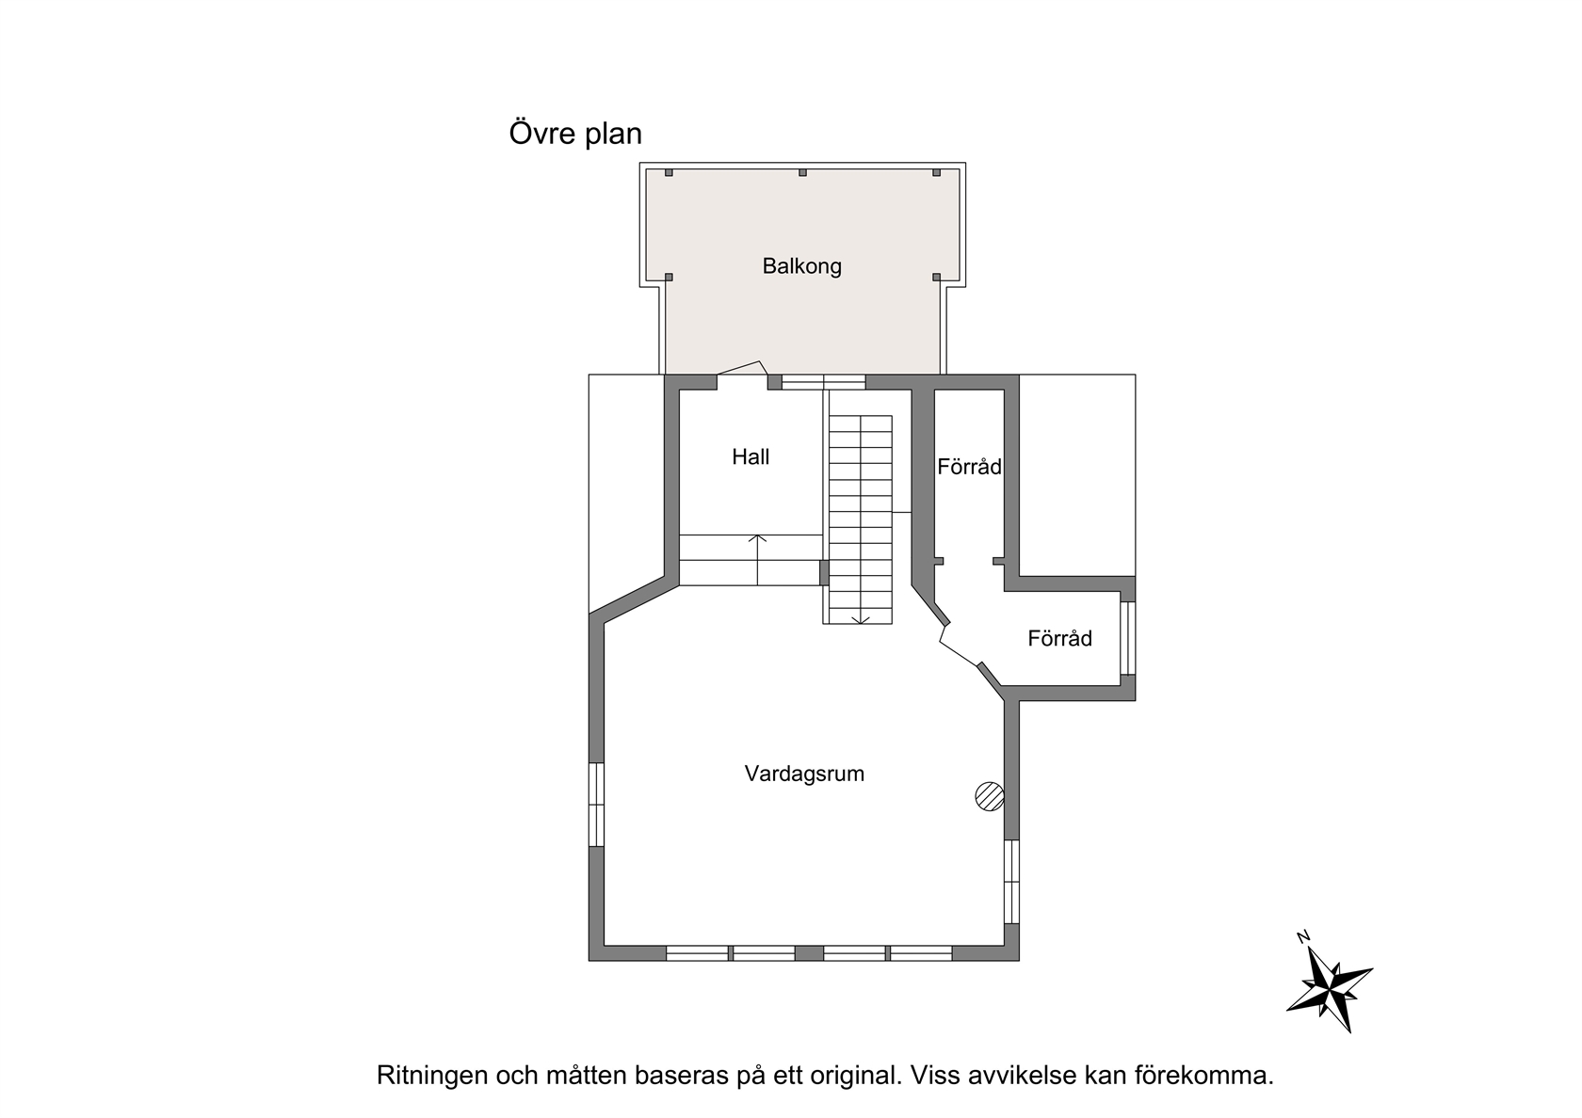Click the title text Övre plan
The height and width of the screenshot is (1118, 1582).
tap(574, 134)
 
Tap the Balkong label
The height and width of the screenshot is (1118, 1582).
tap(801, 266)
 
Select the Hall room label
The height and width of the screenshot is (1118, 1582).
tap(750, 456)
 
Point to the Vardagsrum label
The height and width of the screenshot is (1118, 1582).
tap(804, 774)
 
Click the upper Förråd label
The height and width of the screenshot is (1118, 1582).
tap(969, 467)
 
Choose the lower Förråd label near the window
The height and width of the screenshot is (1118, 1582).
tap(1059, 638)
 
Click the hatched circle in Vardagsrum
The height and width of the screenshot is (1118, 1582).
tap(990, 796)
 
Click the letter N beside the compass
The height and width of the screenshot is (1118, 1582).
tap(1303, 937)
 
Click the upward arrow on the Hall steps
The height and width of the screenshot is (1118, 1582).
tap(757, 561)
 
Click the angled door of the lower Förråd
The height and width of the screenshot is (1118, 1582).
tap(959, 645)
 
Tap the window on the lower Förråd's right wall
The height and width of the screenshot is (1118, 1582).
tap(1128, 638)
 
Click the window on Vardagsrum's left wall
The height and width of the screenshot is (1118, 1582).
tap(597, 804)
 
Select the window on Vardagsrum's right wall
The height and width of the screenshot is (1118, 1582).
tap(1011, 882)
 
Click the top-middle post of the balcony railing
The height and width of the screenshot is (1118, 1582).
tap(802, 172)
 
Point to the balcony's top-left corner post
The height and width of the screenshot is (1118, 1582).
tap(669, 172)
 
